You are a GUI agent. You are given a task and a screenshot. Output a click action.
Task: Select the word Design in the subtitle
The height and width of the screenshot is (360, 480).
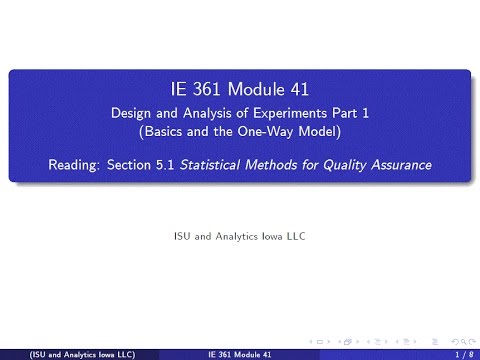[x=130, y=113]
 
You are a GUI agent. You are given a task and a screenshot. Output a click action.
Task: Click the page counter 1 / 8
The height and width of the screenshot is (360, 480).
[x=462, y=354]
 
